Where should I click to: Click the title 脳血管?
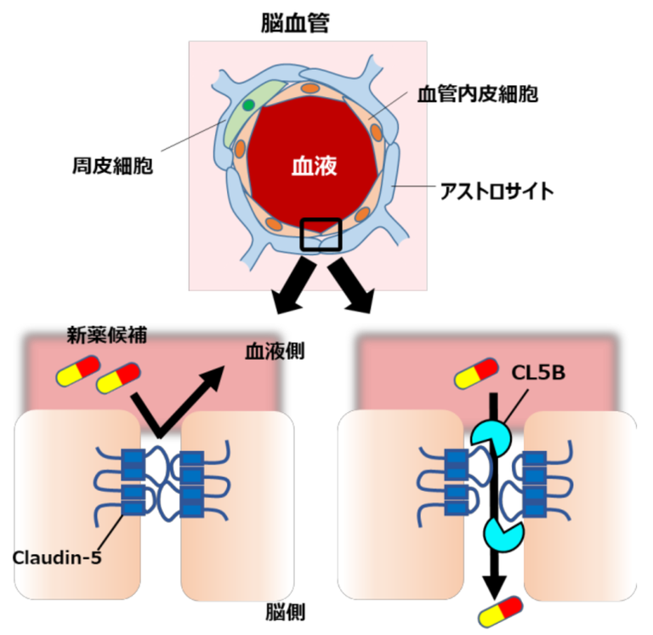click(x=295, y=23)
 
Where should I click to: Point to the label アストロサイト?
click(x=497, y=191)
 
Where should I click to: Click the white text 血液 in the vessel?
click(x=315, y=165)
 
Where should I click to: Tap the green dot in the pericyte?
click(x=248, y=105)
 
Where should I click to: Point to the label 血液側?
click(x=275, y=350)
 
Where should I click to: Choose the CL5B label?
click(x=537, y=375)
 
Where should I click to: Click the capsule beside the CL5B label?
click(x=476, y=372)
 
